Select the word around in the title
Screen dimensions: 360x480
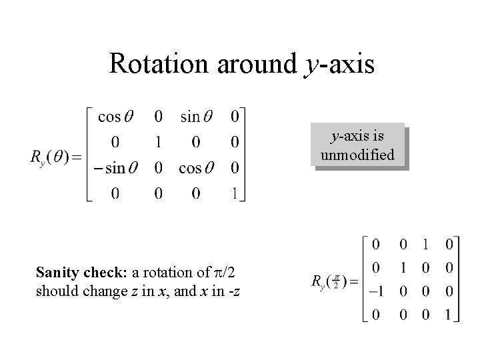pyautogui.click(x=255, y=64)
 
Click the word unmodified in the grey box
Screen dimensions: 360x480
pyautogui.click(x=357, y=155)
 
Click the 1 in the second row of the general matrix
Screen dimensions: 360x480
pyautogui.click(x=158, y=142)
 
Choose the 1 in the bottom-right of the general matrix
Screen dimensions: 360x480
pyautogui.click(x=235, y=193)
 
